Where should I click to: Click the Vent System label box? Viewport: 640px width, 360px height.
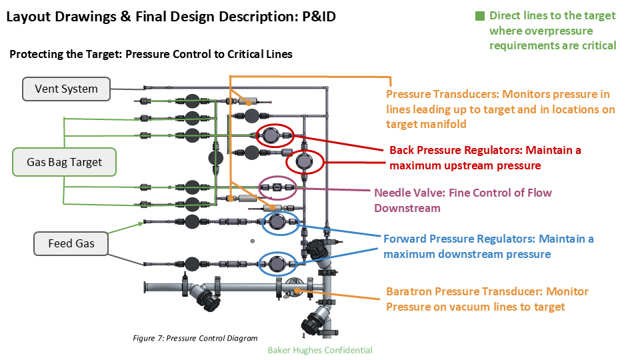[65, 89]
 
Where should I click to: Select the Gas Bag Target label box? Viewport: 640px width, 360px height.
[65, 162]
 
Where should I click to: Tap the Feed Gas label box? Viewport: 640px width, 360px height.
[71, 243]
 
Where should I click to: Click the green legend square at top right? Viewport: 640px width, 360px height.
[480, 16]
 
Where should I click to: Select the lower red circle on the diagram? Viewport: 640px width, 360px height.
[305, 161]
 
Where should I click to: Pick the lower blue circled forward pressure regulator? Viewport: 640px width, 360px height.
[277, 264]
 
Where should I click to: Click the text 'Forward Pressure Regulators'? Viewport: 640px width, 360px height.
[459, 239]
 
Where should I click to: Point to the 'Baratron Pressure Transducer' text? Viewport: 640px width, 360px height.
[464, 292]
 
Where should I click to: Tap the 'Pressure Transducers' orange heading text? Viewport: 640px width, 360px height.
[441, 95]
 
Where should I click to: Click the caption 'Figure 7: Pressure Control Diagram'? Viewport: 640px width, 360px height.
[195, 338]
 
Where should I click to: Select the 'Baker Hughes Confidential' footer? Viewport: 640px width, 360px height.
[319, 350]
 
